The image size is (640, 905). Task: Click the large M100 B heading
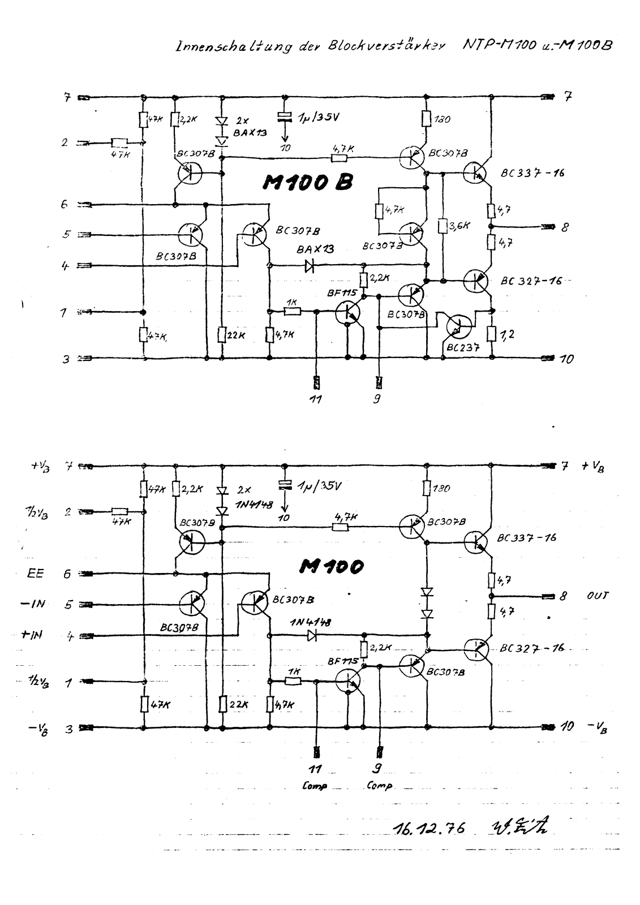(x=308, y=182)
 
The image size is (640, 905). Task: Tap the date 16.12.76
(x=428, y=828)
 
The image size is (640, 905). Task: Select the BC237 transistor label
(x=462, y=348)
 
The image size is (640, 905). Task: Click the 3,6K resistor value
(x=459, y=226)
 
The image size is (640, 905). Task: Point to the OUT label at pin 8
(x=597, y=596)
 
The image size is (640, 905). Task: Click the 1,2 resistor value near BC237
(x=508, y=334)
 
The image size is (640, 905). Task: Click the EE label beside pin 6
(x=35, y=574)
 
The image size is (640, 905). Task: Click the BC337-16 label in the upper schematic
(x=532, y=174)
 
